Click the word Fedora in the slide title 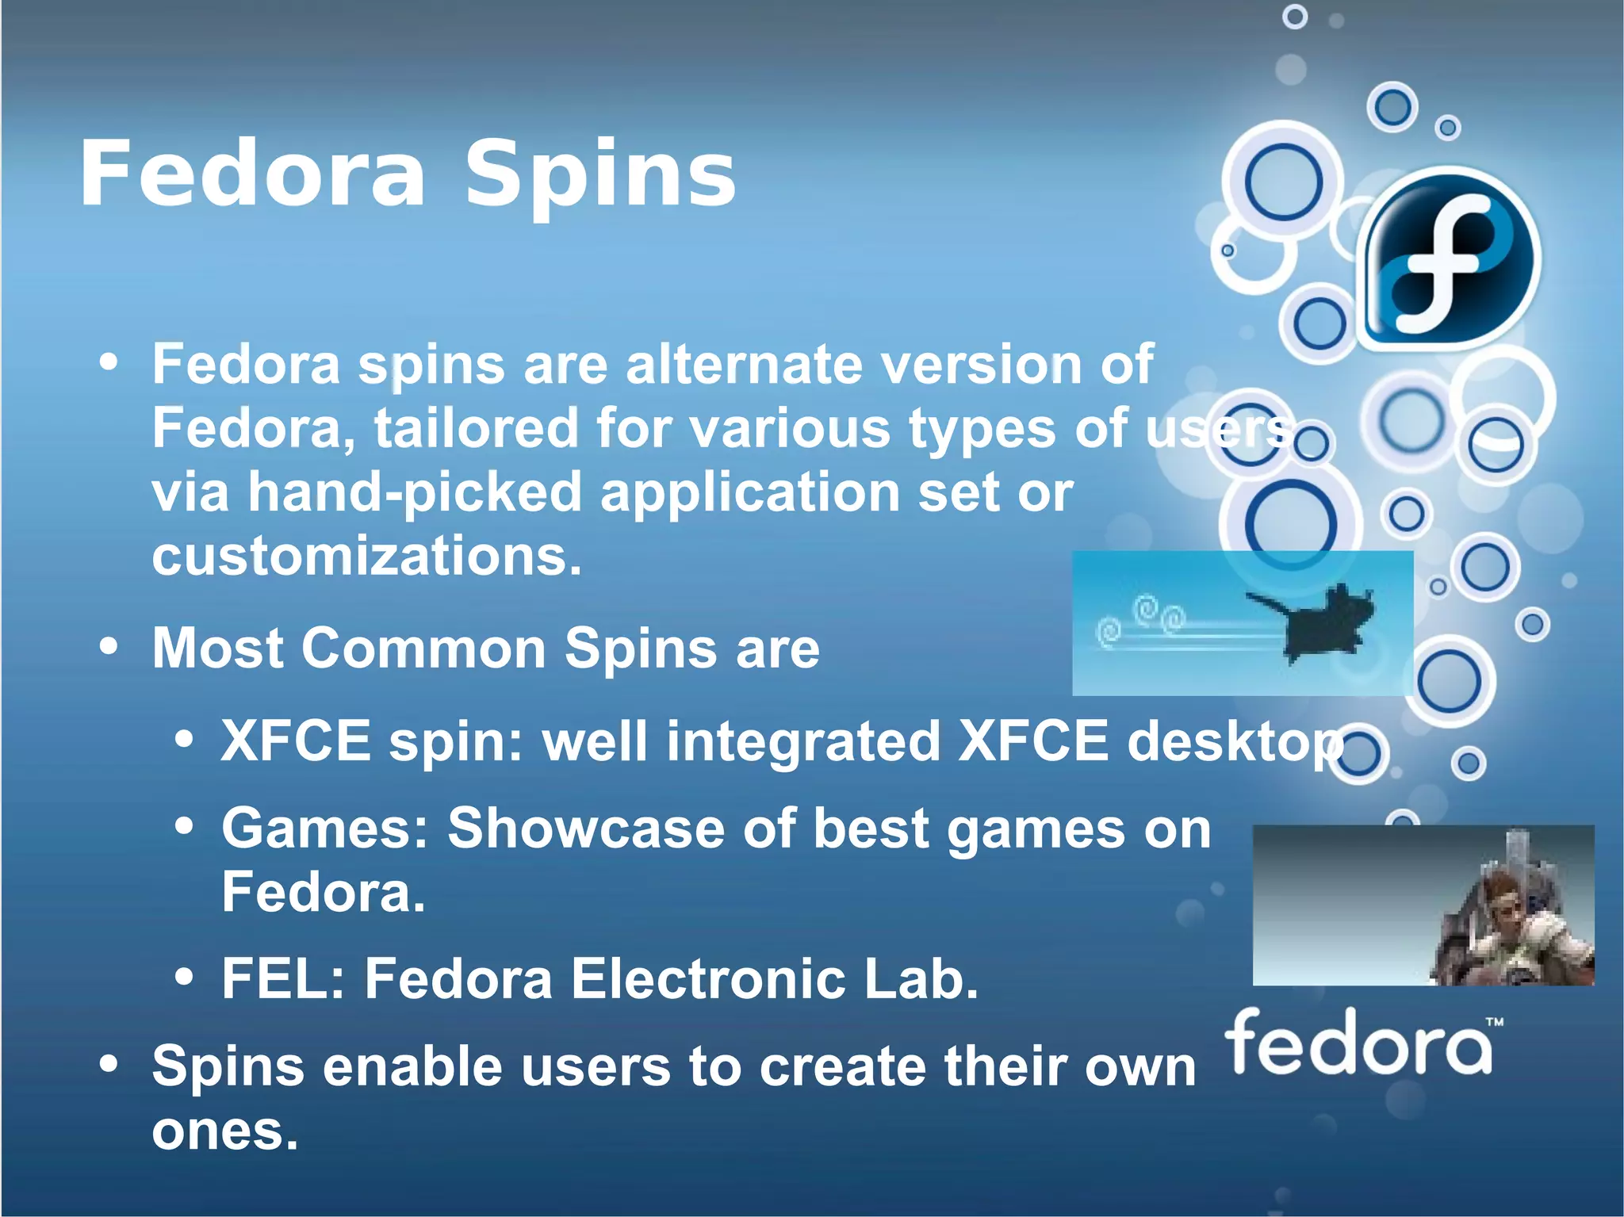click(252, 174)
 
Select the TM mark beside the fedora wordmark click(1494, 1023)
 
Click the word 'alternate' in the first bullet click(743, 365)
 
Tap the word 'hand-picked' click(416, 493)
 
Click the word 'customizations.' click(366, 557)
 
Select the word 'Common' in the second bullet click(423, 649)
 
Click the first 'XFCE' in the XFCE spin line click(296, 741)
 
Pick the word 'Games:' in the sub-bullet click(325, 829)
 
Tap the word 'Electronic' click(707, 979)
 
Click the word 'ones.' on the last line click(224, 1131)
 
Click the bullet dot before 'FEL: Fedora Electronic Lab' click(184, 978)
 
